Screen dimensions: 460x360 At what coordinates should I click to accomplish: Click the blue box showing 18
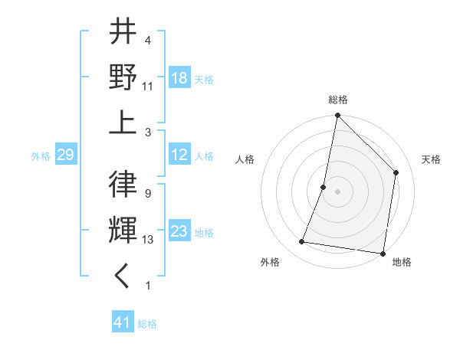coord(179,77)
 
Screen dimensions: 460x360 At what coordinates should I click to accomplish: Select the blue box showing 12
coord(179,155)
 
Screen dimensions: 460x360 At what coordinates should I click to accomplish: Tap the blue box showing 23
coord(179,231)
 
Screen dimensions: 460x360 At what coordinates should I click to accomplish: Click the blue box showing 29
coord(65,155)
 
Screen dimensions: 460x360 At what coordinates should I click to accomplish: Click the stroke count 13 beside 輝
coord(148,240)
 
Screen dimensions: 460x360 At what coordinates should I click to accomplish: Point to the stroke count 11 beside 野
coord(148,86)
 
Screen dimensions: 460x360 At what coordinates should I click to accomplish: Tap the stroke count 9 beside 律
coord(148,194)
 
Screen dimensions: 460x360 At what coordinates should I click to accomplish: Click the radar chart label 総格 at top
coord(337,100)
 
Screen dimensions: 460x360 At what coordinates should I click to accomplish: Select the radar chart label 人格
coord(245,159)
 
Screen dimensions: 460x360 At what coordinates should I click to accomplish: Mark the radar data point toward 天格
coord(396,172)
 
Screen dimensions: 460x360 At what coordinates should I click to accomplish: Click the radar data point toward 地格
coord(383,253)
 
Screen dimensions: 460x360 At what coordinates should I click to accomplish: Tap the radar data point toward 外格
coord(302,242)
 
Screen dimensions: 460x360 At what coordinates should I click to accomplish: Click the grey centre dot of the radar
coord(337,191)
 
